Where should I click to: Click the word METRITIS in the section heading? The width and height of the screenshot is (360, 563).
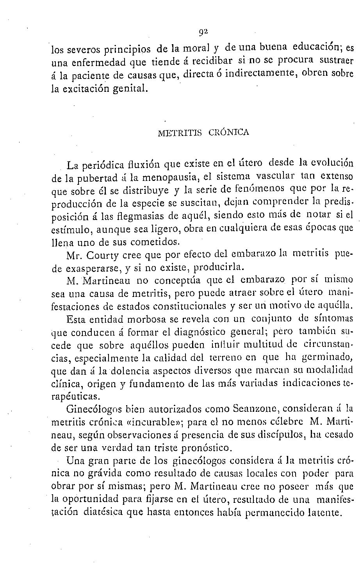coord(180,132)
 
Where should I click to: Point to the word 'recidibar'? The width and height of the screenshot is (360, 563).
coord(214,61)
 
